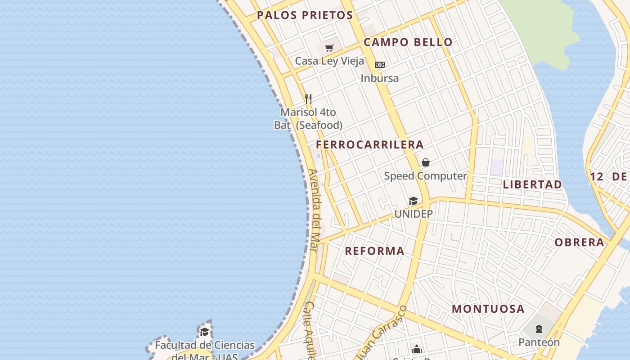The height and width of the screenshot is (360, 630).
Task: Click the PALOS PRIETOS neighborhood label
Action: pos(305,15)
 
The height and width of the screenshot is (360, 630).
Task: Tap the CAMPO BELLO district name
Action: pos(408,42)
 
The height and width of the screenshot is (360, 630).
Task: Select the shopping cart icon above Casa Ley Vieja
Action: pos(329,48)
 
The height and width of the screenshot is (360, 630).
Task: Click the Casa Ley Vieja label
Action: pos(329,61)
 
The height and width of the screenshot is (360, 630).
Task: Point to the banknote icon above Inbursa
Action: pos(380,65)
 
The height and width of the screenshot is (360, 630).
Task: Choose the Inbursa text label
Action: pos(380,78)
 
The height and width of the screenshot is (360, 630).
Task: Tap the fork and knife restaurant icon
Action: pos(308,99)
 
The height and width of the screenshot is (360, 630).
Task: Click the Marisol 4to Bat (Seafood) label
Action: pos(308,119)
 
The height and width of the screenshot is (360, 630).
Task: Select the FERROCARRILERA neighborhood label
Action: pos(369,144)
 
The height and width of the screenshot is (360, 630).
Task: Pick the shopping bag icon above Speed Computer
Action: pos(426,162)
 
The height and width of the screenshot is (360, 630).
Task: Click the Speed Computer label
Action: pos(425,176)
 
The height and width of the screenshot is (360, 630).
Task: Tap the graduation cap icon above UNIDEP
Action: pos(413,201)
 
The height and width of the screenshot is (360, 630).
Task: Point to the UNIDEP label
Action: pos(414,214)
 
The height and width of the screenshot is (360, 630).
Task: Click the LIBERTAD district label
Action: pos(532,184)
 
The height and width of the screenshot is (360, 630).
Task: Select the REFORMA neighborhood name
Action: pos(374,251)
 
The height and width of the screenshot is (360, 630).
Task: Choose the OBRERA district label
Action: pos(579,243)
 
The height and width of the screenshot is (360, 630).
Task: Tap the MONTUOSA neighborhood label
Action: pos(488,309)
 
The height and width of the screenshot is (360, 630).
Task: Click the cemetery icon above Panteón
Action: pos(539,329)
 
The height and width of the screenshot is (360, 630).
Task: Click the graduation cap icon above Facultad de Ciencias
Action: pos(205,332)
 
